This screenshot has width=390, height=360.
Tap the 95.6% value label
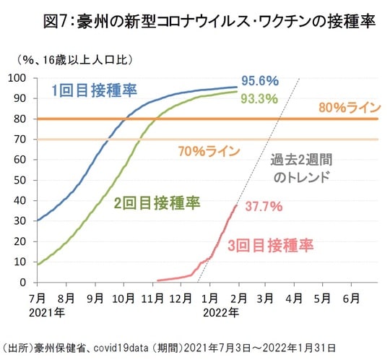[259, 80]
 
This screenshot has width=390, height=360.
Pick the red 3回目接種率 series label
[270, 246]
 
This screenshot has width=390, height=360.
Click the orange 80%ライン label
[348, 108]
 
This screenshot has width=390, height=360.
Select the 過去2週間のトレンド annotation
[300, 168]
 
